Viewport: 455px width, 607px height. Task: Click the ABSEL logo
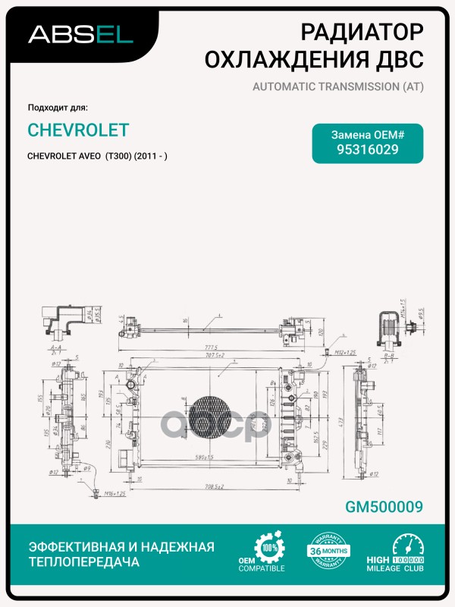click(80, 33)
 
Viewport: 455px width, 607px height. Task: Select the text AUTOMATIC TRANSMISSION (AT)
click(337, 86)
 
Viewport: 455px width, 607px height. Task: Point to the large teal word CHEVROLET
click(77, 130)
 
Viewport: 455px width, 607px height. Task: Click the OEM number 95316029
click(368, 149)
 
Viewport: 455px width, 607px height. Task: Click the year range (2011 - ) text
click(150, 156)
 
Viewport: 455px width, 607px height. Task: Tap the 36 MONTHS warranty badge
click(329, 552)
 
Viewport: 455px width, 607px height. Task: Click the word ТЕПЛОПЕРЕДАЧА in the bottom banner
click(83, 562)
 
